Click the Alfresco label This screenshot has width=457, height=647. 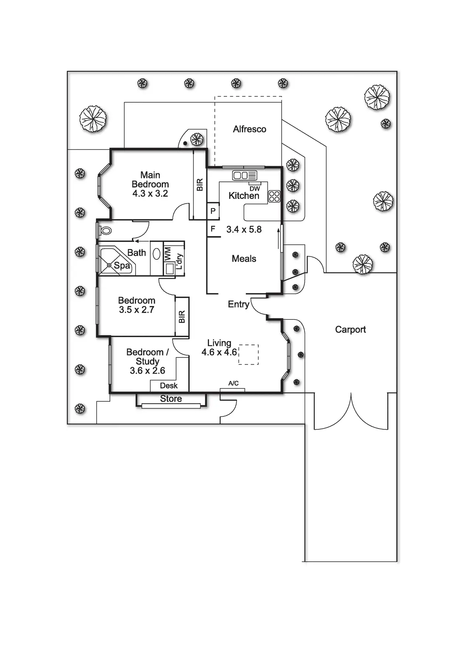click(250, 129)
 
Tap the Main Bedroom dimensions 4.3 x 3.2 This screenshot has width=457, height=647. click(150, 194)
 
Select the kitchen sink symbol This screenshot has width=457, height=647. click(244, 175)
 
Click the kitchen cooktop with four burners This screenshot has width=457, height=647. click(274, 196)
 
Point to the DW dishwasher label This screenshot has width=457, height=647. click(255, 188)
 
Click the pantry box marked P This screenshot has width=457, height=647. click(213, 211)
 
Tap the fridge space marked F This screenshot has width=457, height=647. click(213, 229)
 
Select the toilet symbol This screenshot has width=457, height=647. click(105, 231)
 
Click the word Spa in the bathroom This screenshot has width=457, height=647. click(122, 266)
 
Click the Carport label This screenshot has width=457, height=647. click(350, 329)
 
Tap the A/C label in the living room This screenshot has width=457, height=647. click(233, 383)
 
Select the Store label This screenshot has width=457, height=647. click(171, 399)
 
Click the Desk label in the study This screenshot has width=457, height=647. click(169, 386)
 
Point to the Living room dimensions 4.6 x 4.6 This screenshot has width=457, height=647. click(219, 352)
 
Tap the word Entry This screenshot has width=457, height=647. click(238, 304)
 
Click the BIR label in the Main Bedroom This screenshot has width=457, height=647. click(200, 185)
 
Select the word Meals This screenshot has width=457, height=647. click(244, 259)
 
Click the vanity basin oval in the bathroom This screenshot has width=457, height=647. click(157, 254)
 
